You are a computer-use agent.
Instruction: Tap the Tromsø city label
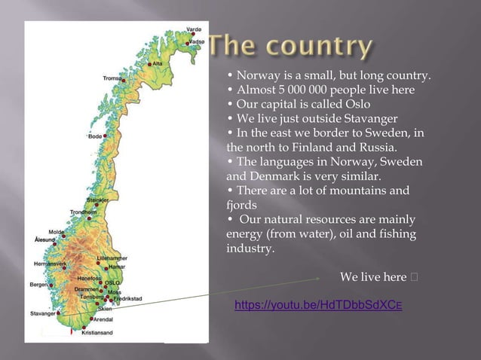tap(112, 78)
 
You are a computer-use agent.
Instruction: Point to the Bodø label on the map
tap(95, 136)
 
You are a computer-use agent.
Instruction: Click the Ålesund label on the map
tap(44, 239)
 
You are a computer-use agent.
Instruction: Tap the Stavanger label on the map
tap(42, 313)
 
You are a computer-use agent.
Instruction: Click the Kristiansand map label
tap(97, 332)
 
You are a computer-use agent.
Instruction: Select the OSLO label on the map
tap(112, 282)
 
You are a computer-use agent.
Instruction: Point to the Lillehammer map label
tap(113, 258)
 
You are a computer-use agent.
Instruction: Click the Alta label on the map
tap(158, 64)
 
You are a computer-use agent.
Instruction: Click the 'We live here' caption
tap(373, 278)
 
